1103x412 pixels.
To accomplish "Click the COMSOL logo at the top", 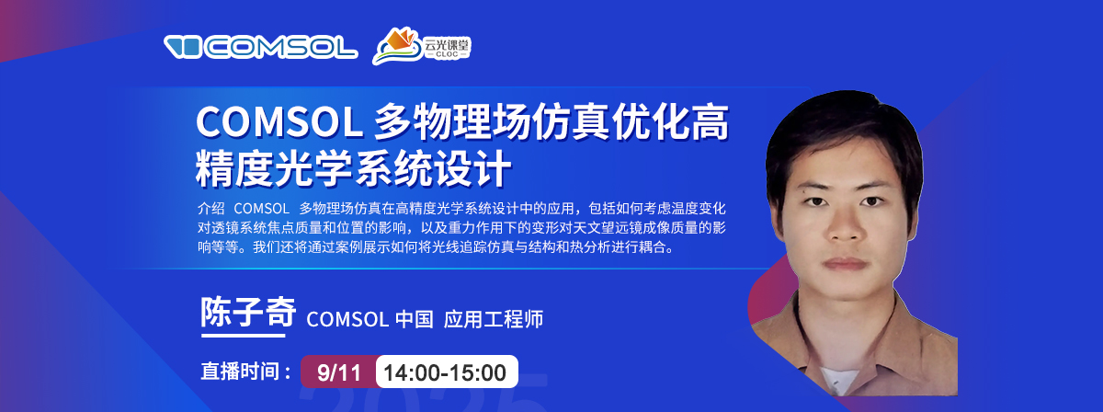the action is click(260, 47).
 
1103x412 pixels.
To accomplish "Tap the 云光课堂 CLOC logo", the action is click(422, 46).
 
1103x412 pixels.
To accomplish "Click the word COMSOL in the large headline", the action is click(279, 122).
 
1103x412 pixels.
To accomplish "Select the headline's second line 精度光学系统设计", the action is click(353, 168).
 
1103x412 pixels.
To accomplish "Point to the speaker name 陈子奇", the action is click(248, 312).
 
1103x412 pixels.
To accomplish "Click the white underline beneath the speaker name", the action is click(244, 336).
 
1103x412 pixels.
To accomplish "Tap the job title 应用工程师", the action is click(494, 319).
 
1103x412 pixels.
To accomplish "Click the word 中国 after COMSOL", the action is click(415, 319).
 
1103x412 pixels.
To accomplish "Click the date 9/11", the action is click(339, 372).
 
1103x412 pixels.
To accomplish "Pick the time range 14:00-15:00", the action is click(445, 372).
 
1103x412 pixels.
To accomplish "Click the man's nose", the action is click(844, 225).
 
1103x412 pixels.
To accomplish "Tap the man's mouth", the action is click(845, 264).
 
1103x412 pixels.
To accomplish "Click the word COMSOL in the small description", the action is click(261, 209).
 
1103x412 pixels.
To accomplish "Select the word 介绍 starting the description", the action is click(211, 209).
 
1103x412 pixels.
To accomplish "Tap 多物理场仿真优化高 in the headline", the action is click(551, 122).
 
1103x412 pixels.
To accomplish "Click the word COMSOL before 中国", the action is click(347, 319).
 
